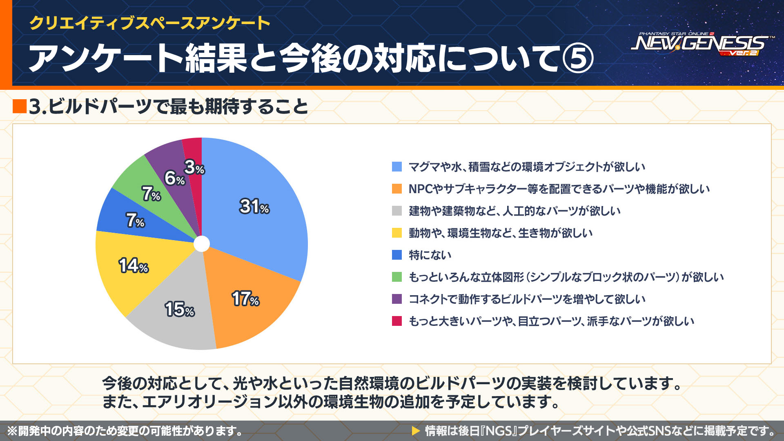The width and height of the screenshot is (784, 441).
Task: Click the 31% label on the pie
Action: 254,206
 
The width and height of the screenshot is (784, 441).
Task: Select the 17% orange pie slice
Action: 249,298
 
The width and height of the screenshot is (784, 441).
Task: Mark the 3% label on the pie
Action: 194,167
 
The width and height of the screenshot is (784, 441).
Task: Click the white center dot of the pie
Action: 202,244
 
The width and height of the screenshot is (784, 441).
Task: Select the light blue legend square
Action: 397,167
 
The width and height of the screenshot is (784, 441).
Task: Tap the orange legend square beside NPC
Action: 397,189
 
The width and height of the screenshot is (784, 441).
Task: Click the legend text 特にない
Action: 430,255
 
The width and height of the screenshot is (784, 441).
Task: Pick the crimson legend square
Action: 397,321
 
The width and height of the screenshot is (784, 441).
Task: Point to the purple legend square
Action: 397,299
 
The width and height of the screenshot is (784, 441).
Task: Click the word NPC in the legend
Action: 421,189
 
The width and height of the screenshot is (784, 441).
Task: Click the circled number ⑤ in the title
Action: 577,58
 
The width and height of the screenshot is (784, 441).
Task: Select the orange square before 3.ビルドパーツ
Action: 20,107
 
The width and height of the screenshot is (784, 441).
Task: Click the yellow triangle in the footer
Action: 416,431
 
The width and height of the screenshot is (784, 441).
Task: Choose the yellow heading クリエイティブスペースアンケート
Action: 149,23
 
